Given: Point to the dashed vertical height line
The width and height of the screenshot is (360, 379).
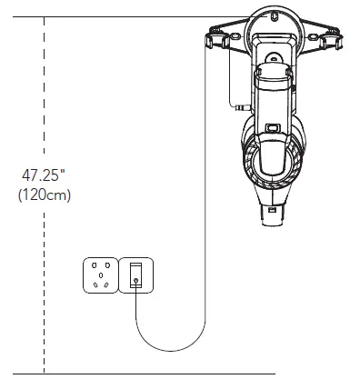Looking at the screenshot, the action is coord(45,109).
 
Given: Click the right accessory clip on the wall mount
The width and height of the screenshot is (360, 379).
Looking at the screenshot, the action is coord(333,41).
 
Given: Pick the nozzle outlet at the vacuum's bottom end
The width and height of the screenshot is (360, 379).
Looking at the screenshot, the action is coord(274,214).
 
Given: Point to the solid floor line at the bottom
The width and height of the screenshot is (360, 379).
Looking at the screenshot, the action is coord(182,374).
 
